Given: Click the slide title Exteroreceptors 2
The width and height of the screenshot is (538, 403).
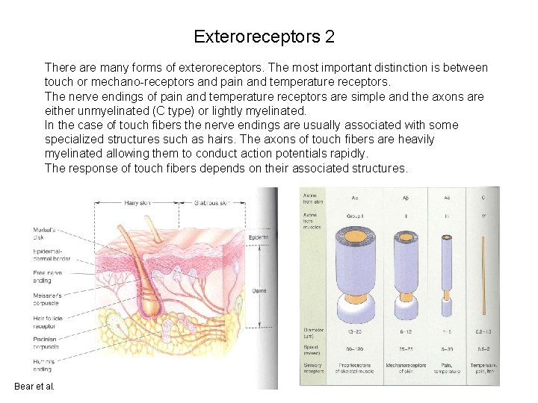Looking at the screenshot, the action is coord(264,37).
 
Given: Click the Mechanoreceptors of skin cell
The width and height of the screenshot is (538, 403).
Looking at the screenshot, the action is coord(405,367).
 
